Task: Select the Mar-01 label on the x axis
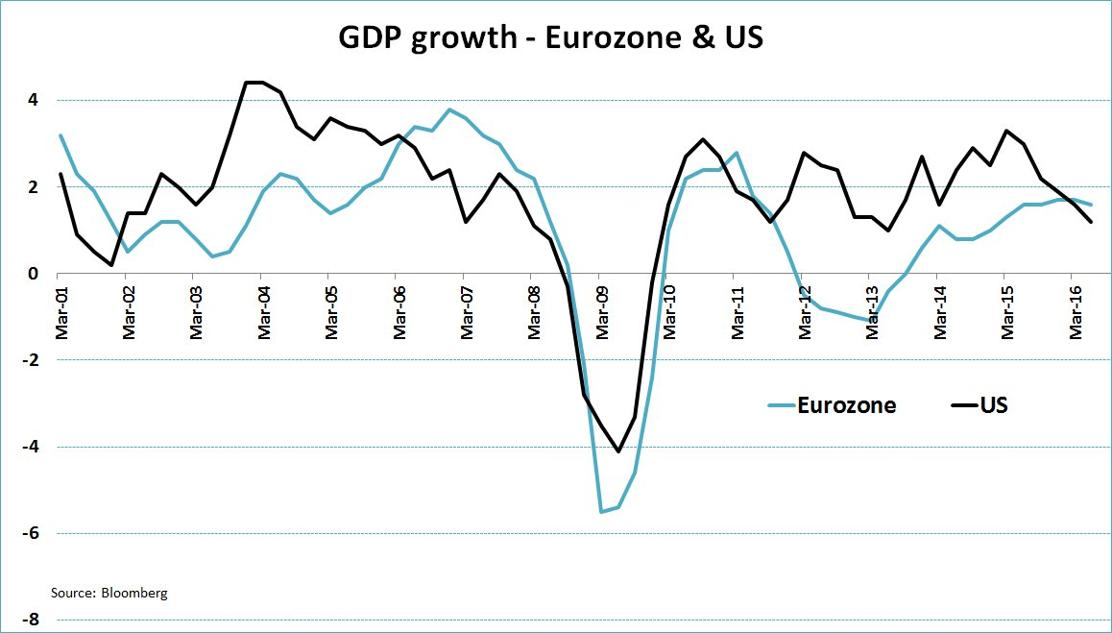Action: [60, 310]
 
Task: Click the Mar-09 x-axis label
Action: [602, 310]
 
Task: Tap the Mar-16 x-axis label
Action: [1076, 310]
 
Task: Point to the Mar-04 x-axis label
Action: [264, 310]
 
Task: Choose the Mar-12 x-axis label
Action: [805, 310]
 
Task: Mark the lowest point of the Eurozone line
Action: [601, 512]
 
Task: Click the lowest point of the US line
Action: [618, 451]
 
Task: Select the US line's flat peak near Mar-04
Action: [254, 83]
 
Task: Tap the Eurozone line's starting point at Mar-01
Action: [60, 135]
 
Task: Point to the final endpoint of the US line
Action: [1092, 222]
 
